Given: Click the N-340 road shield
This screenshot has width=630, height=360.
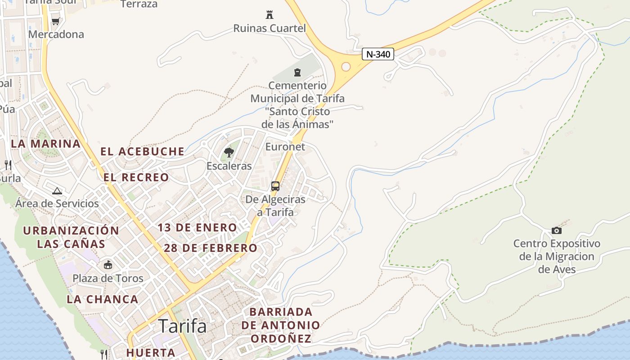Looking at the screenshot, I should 378,54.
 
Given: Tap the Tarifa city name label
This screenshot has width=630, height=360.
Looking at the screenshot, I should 183,326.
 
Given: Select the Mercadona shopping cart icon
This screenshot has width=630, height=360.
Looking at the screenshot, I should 56,21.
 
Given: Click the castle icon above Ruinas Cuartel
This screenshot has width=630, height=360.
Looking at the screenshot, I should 270,15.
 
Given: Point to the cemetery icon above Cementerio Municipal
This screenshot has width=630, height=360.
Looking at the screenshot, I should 297,72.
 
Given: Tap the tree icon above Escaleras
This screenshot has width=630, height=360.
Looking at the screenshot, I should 229,153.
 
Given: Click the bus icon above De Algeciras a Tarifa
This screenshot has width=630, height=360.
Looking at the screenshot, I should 275,186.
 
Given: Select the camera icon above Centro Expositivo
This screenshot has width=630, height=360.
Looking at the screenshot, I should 557,230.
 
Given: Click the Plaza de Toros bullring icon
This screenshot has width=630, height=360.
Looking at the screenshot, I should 108,265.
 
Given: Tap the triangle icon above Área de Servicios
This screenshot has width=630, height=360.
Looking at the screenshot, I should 57,191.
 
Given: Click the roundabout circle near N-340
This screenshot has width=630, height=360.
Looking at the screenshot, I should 346,67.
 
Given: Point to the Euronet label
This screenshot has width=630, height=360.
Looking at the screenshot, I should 285,147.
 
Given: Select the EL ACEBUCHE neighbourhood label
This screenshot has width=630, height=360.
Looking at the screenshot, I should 142,152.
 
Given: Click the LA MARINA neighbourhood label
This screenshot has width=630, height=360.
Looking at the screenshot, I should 45,144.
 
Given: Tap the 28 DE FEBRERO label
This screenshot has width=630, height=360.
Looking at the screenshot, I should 211,248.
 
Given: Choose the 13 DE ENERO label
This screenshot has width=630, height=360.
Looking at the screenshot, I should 197,228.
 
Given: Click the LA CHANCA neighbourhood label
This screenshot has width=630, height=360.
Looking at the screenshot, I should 103,299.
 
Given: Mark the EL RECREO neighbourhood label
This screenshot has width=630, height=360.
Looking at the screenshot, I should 136,177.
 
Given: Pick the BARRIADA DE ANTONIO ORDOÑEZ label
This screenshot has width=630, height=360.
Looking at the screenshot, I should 281,325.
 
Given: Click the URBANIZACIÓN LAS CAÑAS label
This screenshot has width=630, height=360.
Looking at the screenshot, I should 71,237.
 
